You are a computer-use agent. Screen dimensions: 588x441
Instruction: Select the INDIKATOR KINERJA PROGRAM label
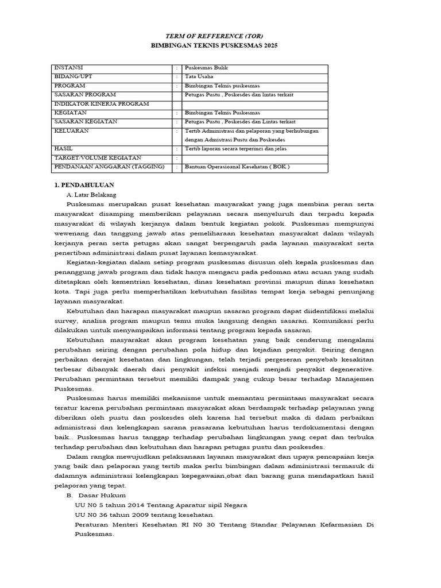click(101, 103)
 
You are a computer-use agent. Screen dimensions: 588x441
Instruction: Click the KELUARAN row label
click(71, 131)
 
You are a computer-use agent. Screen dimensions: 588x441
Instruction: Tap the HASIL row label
click(64, 149)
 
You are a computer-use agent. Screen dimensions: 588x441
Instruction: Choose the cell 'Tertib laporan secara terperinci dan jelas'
click(235, 149)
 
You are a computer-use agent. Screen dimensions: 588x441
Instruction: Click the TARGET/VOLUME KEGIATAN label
click(97, 157)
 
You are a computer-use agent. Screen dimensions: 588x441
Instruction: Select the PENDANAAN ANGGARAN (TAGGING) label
click(109, 167)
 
